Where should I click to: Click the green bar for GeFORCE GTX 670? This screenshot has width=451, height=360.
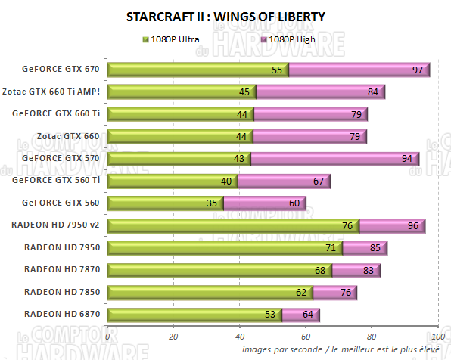point(197,70)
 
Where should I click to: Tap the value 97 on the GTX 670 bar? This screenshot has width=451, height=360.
point(417,70)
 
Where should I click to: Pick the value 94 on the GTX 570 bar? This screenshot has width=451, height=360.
point(406,159)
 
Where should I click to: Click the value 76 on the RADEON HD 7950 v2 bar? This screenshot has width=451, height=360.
point(347,225)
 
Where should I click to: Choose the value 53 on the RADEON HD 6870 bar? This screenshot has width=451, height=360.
point(271,315)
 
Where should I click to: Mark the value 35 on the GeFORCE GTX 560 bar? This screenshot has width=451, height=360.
point(212,203)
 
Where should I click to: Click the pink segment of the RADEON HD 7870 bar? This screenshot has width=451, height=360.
point(356,270)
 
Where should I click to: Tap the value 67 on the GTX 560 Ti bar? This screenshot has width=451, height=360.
point(317,182)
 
